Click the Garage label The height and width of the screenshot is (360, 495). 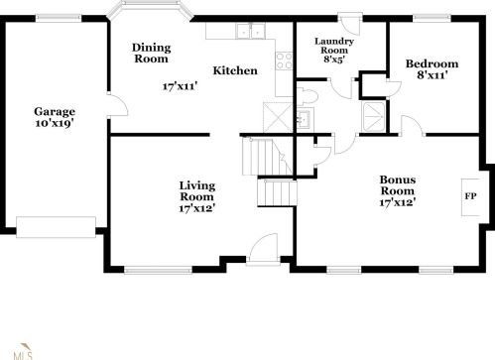[55, 112]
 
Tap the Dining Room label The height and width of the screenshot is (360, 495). [152, 53]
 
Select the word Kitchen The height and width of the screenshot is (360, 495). [235, 70]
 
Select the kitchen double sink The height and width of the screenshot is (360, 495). [247, 32]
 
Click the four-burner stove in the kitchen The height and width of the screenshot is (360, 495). [285, 59]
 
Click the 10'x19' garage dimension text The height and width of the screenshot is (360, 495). [55, 125]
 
